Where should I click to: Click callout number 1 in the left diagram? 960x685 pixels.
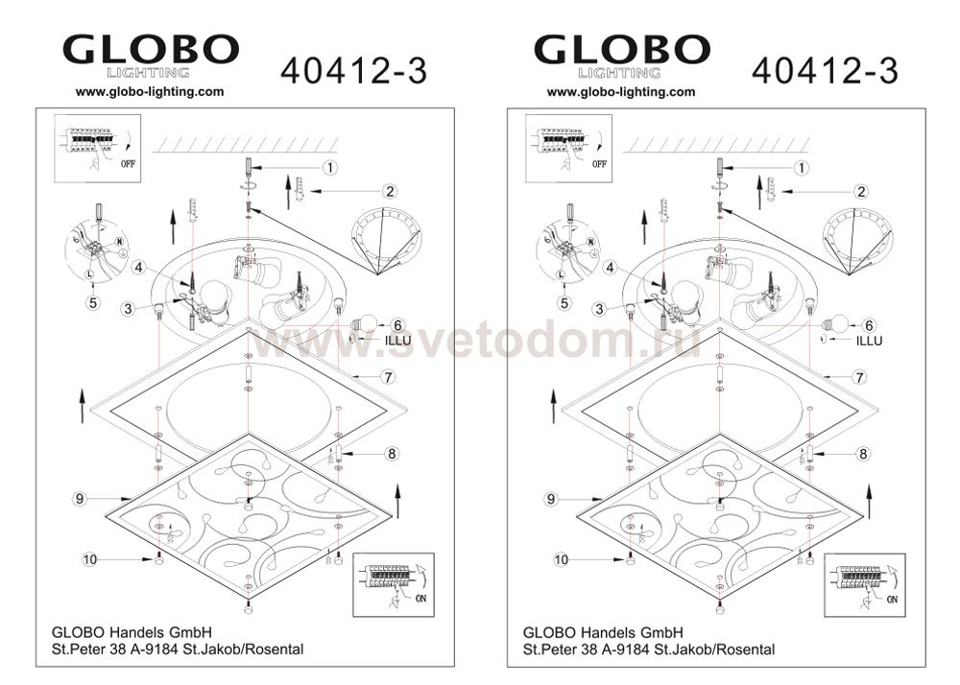(329, 167)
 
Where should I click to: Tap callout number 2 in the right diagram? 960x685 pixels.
(861, 192)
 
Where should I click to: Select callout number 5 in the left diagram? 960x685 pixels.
(93, 303)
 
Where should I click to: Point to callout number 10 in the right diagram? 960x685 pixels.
(561, 559)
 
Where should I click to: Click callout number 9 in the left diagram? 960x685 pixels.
(80, 499)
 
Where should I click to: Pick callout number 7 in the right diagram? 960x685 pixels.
(859, 377)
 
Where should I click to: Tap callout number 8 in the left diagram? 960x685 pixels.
(392, 454)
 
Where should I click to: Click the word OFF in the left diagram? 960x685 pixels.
(128, 164)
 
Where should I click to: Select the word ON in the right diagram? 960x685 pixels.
(892, 599)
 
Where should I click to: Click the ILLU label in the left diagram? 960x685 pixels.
(398, 341)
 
